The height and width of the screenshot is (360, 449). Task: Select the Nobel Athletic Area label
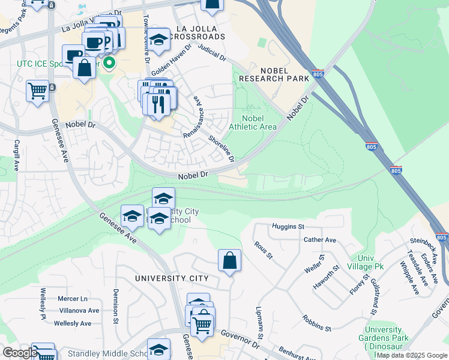[x=253, y=122]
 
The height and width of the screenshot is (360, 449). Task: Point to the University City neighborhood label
[x=172, y=278]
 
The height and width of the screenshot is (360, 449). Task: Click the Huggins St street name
[x=288, y=227]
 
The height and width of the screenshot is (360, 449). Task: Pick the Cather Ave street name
[x=320, y=240]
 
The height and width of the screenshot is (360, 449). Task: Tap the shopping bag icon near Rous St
[x=229, y=261]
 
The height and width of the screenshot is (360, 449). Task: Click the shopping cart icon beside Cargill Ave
[x=37, y=92]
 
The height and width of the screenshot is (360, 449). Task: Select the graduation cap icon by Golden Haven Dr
[x=158, y=40]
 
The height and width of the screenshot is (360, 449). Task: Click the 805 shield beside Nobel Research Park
[x=319, y=74]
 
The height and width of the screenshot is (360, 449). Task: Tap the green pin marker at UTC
[x=109, y=63]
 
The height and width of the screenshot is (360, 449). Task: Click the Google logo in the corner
[x=19, y=353]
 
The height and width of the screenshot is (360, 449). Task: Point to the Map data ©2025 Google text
[x=412, y=355]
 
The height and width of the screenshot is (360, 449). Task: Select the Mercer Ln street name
[x=73, y=298]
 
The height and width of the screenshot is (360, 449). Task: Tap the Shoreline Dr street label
[x=220, y=148]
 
